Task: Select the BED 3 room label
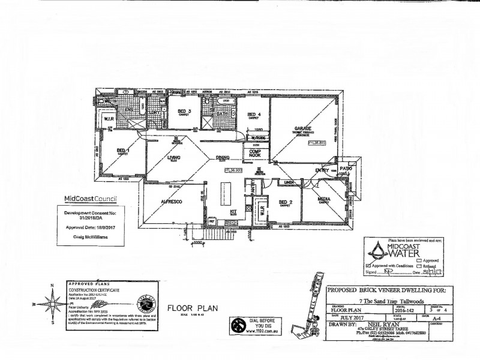[185, 111]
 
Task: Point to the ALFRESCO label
[171, 202]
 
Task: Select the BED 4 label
[253, 115]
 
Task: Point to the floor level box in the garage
[316, 143]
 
